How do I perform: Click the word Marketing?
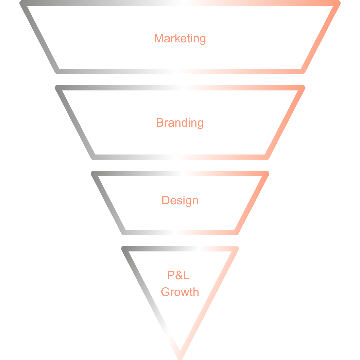click(180, 38)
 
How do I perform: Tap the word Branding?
click(180, 123)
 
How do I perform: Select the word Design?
click(180, 200)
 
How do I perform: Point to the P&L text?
click(178, 275)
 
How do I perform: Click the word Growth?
click(180, 292)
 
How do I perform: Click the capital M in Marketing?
click(158, 38)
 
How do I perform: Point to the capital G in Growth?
click(165, 292)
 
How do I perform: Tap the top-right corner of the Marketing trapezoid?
click(337, 3)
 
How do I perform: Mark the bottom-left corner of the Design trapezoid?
click(124, 232)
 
